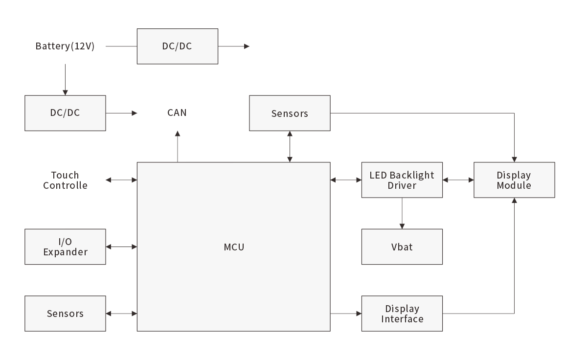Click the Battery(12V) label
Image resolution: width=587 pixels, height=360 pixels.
tap(65, 46)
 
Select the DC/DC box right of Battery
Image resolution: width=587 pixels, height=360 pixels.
tap(177, 46)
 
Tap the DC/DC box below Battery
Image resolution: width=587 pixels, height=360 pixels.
tap(65, 113)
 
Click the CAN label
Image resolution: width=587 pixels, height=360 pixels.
tap(177, 113)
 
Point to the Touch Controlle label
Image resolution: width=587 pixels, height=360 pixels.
tap(65, 180)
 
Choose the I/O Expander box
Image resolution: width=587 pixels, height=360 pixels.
tap(65, 247)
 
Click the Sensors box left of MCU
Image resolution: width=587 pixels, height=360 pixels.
tap(65, 314)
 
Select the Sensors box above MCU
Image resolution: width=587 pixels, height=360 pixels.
tap(290, 113)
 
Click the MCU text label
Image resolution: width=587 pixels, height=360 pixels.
tap(234, 247)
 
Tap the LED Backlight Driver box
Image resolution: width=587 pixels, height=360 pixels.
tap(402, 180)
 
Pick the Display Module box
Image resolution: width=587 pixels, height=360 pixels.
tap(514, 180)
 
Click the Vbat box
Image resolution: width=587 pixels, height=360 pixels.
tap(402, 247)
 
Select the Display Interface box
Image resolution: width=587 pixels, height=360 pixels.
tap(402, 314)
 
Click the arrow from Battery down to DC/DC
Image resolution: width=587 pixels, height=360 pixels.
tap(65, 78)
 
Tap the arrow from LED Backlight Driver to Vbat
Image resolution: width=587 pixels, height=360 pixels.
tap(402, 213)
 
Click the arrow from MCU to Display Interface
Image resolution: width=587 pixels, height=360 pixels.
tap(346, 314)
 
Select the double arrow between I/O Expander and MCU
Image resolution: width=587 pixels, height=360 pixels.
tap(121, 247)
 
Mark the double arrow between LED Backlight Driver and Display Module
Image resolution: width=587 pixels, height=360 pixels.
tap(458, 180)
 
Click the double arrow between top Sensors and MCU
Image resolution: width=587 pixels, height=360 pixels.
tap(290, 146)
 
